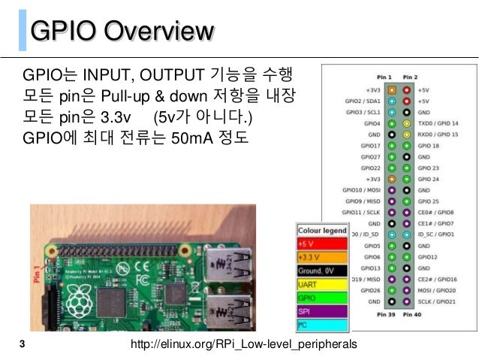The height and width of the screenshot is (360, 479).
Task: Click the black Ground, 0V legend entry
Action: coord(321,270)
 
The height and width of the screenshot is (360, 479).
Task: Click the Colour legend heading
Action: coord(322,230)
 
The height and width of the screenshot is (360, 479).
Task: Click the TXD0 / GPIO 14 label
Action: coord(438,122)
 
